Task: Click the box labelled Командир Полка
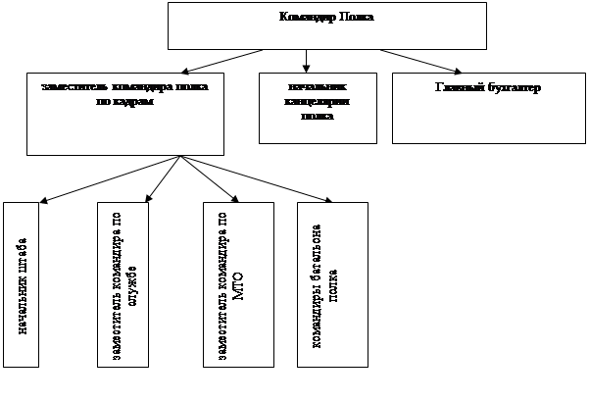[x=326, y=25]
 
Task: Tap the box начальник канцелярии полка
[x=317, y=109]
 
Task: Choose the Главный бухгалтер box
[x=487, y=109]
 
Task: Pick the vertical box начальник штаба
[x=21, y=284]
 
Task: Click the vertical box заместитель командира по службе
[x=123, y=284]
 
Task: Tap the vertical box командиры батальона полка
[x=331, y=284]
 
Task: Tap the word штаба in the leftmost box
[x=22, y=258]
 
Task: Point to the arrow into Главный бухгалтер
[x=421, y=60]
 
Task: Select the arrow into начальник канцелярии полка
[x=307, y=61]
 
